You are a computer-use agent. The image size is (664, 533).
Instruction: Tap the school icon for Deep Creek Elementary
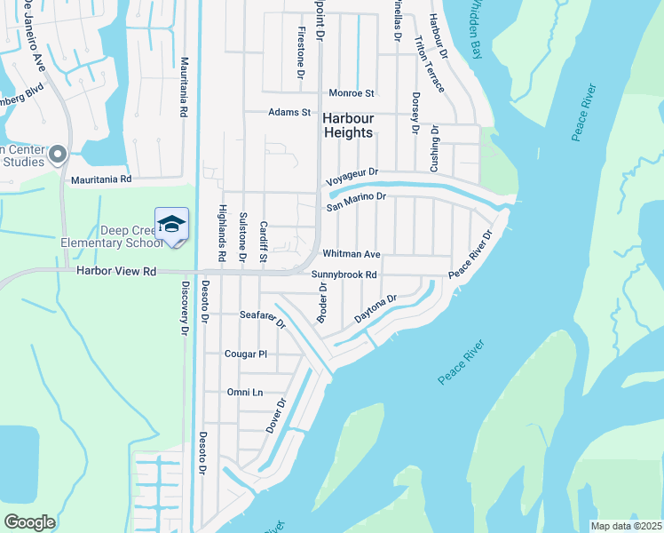(x=171, y=222)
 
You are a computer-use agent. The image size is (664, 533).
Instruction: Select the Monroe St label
(x=352, y=92)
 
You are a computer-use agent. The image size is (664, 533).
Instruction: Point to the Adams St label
(x=289, y=113)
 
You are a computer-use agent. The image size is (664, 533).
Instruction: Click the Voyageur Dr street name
(x=352, y=173)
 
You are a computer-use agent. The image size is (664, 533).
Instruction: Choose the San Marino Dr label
(x=356, y=201)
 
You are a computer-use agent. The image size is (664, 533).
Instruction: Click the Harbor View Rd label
(x=116, y=271)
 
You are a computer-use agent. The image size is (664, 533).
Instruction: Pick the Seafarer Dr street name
(x=263, y=317)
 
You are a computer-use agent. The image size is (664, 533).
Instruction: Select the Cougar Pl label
(x=246, y=354)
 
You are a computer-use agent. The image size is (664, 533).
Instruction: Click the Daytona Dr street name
(x=374, y=309)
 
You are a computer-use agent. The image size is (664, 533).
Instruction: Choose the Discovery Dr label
(x=185, y=307)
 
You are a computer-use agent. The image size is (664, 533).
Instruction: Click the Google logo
(x=29, y=522)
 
